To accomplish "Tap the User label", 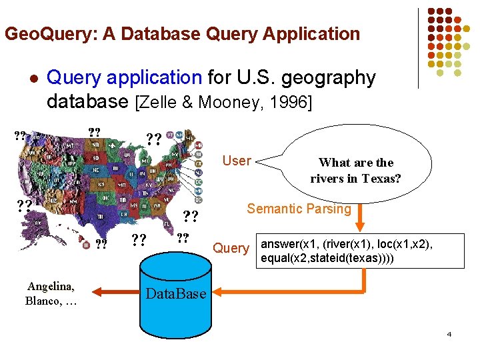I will click(x=237, y=161).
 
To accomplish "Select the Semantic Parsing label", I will click(x=299, y=209).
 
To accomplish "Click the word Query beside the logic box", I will click(x=231, y=248).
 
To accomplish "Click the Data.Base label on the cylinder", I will click(x=176, y=293).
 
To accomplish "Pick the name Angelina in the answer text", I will click(x=51, y=287).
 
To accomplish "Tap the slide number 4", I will click(x=449, y=333).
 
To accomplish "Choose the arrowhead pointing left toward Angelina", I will click(x=97, y=291).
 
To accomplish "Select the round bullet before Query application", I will click(x=31, y=78).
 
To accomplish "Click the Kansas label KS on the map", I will click(x=101, y=183).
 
